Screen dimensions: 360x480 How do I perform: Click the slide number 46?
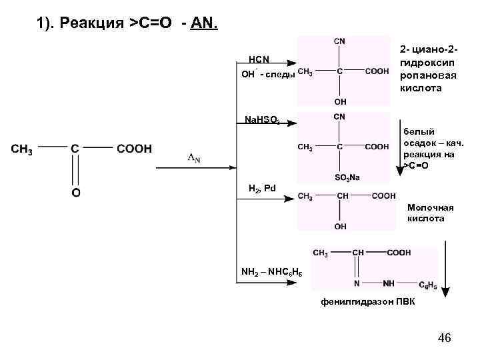click(445, 339)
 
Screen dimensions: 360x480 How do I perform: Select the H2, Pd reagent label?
click(261, 188)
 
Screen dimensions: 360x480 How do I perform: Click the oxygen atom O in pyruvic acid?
click(76, 193)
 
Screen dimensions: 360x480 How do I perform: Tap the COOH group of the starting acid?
click(134, 149)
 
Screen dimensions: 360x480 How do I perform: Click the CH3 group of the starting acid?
click(22, 149)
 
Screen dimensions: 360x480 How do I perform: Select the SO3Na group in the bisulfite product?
click(346, 177)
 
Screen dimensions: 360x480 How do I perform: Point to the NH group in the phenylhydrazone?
click(389, 283)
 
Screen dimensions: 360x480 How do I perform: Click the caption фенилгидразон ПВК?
click(367, 302)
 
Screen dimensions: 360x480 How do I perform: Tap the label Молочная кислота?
click(430, 213)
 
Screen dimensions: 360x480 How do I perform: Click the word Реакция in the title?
click(93, 24)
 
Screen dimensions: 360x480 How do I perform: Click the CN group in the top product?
click(340, 41)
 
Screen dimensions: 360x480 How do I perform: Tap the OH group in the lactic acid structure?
click(340, 227)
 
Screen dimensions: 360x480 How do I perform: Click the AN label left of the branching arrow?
click(193, 158)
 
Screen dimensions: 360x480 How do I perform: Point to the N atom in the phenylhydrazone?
click(357, 283)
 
